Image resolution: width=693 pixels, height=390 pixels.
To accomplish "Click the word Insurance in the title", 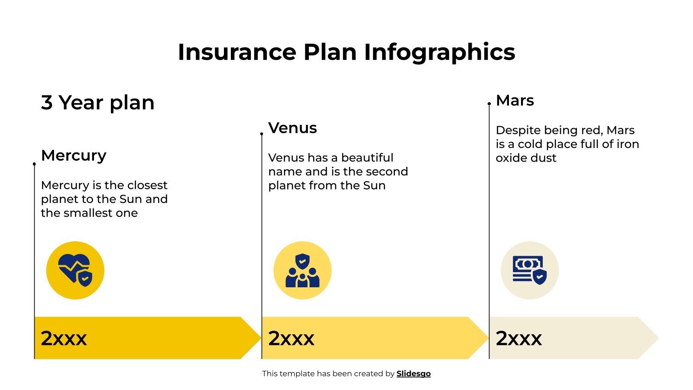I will coord(237,52).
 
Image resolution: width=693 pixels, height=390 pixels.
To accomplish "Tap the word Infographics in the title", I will coord(439,53).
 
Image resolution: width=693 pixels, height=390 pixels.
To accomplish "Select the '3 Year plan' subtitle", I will coord(97,103).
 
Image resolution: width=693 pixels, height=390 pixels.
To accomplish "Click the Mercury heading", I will coord(74,155).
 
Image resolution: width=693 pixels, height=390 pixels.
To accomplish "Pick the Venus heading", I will coord(292,128).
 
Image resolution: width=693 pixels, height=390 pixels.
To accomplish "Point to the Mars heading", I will coord(515,101).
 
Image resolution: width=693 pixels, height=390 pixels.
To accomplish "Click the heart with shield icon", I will coord(75,270).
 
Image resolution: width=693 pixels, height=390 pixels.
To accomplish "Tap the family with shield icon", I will coord(302,270).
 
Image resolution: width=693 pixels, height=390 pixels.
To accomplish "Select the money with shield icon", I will coord(530,270).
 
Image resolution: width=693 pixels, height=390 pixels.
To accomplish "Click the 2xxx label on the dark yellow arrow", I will coord(64,338).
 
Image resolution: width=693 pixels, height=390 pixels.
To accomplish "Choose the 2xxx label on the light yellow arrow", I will coord(291,338).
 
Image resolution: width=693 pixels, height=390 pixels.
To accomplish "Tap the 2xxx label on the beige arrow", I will coord(518,338).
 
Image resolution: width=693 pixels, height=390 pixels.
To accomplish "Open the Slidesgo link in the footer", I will coord(414,374).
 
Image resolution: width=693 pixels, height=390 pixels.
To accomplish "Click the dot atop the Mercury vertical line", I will coord(34,164).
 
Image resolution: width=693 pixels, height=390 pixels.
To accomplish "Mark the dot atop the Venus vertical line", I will coord(262,134).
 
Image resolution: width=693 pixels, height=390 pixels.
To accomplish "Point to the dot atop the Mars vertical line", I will coord(489,104).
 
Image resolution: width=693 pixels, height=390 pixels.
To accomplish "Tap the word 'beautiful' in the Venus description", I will coord(367,158).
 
